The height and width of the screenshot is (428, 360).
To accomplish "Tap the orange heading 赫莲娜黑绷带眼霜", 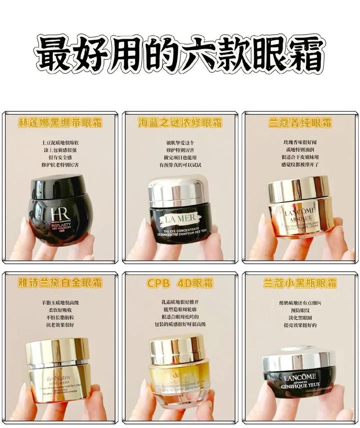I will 60,123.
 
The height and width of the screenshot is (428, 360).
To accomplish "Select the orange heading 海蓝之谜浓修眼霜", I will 180,123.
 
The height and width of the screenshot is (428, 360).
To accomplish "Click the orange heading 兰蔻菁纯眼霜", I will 300,123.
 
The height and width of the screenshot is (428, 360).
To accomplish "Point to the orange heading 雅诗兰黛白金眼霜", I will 60,283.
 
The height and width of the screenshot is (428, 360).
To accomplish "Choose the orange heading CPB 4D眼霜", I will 180,283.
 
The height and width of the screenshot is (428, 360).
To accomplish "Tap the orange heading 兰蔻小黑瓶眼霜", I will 300,283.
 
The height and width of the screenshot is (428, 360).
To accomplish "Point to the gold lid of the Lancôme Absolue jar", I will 299,188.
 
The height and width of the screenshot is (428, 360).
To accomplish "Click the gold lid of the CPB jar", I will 177,349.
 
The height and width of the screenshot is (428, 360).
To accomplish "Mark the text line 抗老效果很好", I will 60,325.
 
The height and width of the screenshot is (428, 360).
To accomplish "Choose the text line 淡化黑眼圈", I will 299,317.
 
